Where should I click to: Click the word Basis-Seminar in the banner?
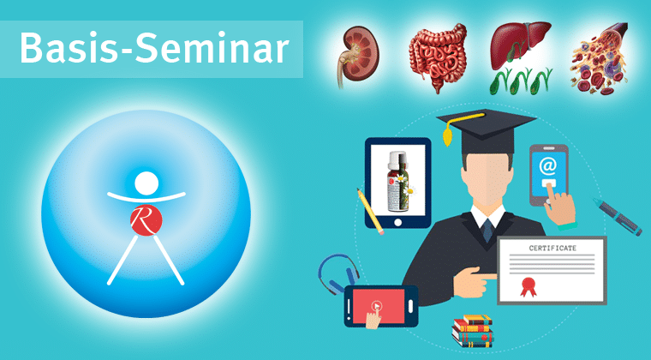tap(154, 48)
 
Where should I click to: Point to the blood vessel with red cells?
tap(600, 58)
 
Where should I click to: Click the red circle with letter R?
tap(146, 220)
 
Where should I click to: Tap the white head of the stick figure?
tap(146, 183)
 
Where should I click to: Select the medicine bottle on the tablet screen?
tap(397, 181)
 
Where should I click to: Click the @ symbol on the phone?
tap(547, 166)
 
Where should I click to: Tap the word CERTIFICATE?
tap(552, 248)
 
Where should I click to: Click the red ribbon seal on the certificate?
tap(529, 286)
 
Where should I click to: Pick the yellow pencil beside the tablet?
tap(370, 212)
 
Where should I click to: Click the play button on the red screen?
tap(377, 307)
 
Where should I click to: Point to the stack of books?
tap(473, 331)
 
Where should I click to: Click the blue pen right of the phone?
tap(618, 217)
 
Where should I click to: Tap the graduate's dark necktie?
tap(487, 230)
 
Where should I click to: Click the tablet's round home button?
tap(397, 223)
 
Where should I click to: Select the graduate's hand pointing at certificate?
tap(474, 280)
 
